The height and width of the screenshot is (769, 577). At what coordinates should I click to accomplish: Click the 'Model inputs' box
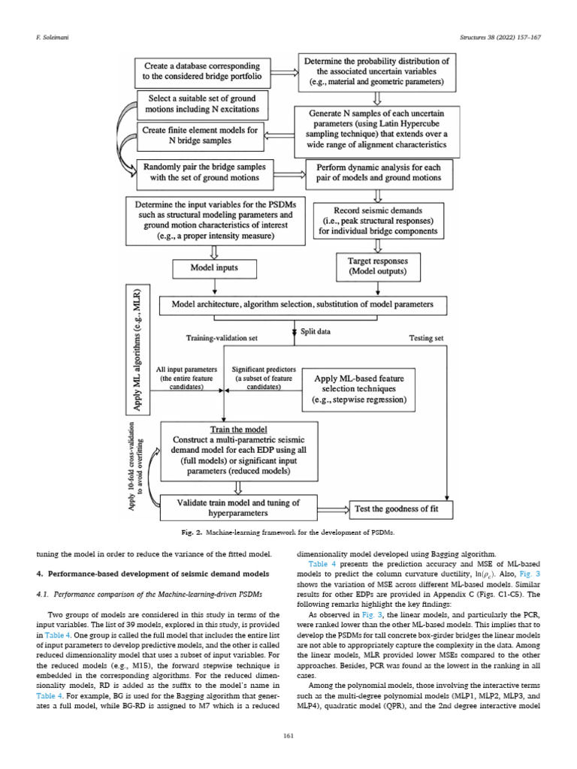coord(216,268)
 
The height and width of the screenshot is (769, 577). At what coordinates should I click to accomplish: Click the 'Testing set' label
coord(425,339)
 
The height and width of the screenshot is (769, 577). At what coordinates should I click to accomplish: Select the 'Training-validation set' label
coord(222,339)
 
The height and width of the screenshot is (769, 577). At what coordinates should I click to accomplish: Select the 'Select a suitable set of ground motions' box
coord(203,104)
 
